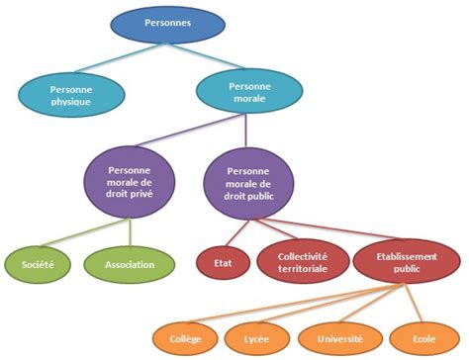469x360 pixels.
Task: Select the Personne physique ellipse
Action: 71,95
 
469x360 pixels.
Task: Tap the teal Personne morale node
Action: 249,91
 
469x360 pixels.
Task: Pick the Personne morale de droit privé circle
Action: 130,182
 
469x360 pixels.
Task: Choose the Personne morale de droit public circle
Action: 248,183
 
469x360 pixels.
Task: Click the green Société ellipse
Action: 38,264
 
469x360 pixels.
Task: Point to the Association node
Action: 130,264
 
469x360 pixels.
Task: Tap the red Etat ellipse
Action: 224,263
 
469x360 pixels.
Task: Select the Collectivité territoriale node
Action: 303,262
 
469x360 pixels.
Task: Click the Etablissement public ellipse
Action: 407,262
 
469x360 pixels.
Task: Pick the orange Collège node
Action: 185,339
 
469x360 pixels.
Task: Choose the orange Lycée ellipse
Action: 257,339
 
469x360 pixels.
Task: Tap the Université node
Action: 340,339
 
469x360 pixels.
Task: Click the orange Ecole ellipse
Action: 424,339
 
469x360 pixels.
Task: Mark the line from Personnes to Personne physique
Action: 120,57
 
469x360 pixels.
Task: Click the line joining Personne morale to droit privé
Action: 190,131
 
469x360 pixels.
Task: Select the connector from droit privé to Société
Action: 84,232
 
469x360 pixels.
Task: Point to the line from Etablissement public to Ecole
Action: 413,303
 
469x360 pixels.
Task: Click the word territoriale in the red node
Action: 303,269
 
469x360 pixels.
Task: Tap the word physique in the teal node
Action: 71,102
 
